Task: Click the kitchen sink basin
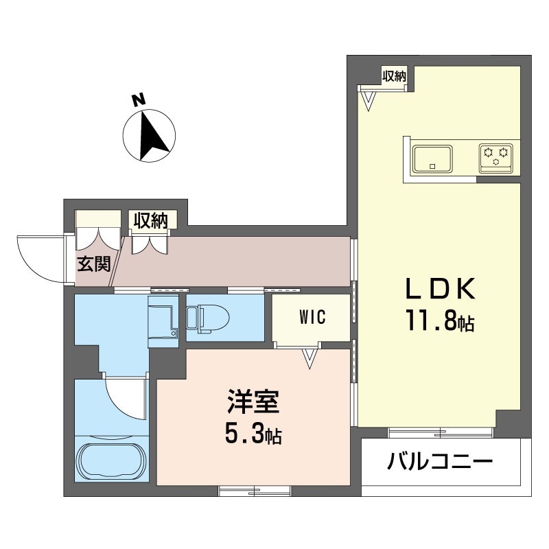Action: [432, 159]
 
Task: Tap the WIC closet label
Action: [312, 317]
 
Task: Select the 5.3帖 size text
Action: [252, 434]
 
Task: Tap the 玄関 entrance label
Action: [93, 264]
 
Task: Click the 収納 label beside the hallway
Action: [151, 221]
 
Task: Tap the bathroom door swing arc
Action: [127, 398]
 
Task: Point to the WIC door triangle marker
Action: [311, 358]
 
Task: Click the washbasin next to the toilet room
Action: [163, 316]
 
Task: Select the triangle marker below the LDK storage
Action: [369, 100]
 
